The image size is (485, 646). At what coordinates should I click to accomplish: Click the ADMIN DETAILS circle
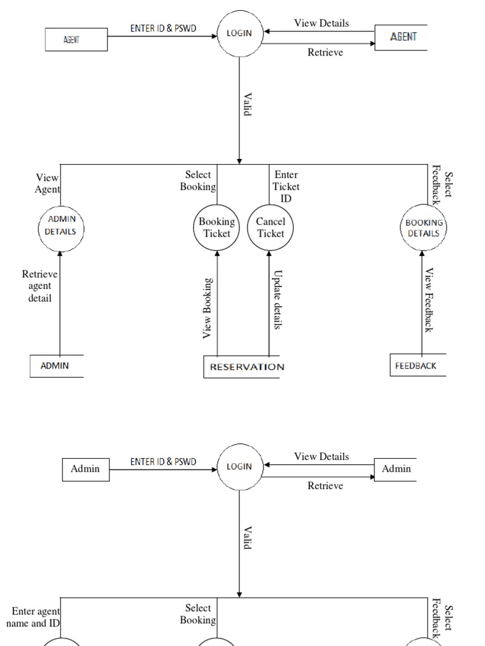pyautogui.click(x=60, y=225)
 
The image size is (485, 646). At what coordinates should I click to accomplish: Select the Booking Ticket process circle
pyautogui.click(x=217, y=227)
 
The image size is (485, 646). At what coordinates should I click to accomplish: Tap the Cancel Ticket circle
pyautogui.click(x=270, y=227)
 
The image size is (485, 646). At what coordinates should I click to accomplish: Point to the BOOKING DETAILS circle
pyautogui.click(x=423, y=227)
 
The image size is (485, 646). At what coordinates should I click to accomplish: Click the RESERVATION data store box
pyautogui.click(x=246, y=367)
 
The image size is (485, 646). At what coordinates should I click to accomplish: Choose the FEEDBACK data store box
pyautogui.click(x=417, y=366)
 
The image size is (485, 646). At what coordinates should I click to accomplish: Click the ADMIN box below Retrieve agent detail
pyautogui.click(x=56, y=366)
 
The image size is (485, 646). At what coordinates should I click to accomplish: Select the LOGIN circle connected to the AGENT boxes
pyautogui.click(x=239, y=34)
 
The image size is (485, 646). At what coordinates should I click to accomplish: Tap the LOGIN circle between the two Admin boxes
pyautogui.click(x=239, y=467)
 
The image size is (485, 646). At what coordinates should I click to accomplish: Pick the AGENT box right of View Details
pyautogui.click(x=403, y=37)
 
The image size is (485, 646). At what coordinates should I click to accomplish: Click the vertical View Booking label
pyautogui.click(x=207, y=308)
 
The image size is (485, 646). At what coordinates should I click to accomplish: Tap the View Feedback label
pyautogui.click(x=429, y=300)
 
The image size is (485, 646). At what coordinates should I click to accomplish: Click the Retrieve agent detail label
pyautogui.click(x=40, y=286)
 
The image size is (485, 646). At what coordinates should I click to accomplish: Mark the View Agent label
pyautogui.click(x=48, y=184)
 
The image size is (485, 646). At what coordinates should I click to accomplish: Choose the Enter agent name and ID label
pyautogui.click(x=34, y=617)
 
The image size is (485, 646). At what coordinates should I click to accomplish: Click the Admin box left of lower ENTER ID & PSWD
pyautogui.click(x=85, y=469)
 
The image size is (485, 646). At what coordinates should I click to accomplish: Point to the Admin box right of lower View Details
pyautogui.click(x=396, y=469)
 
